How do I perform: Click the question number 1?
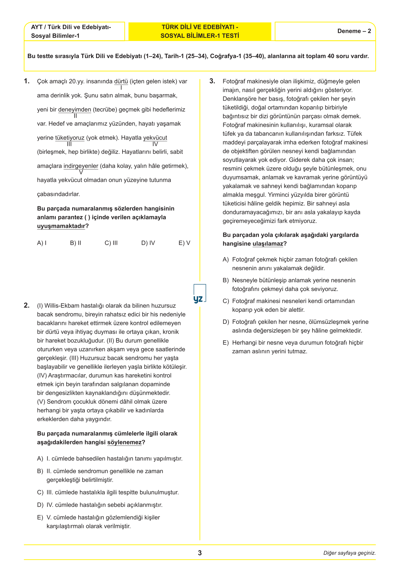coord(27,81)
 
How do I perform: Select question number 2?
coord(27,305)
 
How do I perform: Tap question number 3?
coord(212,81)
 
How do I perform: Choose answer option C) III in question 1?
coord(111,243)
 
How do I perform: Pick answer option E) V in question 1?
coord(184,243)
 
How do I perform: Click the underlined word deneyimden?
coord(75,109)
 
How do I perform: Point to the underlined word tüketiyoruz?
coord(70,138)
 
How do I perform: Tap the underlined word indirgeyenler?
coord(81,166)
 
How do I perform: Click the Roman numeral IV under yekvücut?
coord(155,144)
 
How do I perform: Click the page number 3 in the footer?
coord(200,553)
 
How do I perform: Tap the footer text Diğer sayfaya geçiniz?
coord(350,553)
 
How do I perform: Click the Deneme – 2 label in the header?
coord(354,31)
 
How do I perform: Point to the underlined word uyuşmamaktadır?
coord(61,226)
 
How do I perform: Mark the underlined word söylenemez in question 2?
coord(125,442)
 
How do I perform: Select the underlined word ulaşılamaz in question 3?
coord(268,244)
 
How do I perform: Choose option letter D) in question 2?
coord(40,505)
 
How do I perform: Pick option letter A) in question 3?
coord(226,259)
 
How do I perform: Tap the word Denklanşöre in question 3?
coord(239,99)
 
